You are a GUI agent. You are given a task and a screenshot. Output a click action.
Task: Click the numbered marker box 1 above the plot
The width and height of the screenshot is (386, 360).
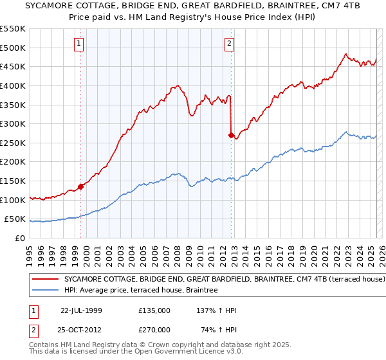pyautogui.click(x=78, y=44)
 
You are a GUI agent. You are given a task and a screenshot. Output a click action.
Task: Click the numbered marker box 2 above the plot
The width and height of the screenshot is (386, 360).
pyautogui.click(x=229, y=44)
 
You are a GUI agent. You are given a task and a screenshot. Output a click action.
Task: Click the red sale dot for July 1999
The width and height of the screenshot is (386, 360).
pyautogui.click(x=81, y=186)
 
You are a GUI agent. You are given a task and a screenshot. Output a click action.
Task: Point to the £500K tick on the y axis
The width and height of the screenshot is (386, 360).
pyautogui.click(x=13, y=48)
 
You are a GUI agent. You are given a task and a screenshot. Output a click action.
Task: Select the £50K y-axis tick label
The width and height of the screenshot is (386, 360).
pyautogui.click(x=15, y=219)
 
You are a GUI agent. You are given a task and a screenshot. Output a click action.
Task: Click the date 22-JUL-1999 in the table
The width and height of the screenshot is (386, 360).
pyautogui.click(x=81, y=310)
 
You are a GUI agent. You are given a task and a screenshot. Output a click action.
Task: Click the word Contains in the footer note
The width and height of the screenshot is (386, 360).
pyautogui.click(x=44, y=345)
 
